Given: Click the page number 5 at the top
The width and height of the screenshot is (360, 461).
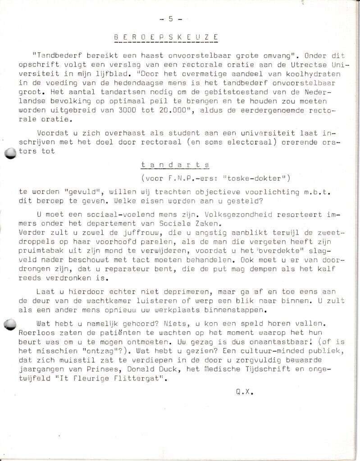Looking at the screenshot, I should (171, 19).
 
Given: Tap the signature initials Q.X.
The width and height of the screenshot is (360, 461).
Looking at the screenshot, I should (244, 392).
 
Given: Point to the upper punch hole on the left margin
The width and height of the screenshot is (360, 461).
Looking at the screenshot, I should (10, 154).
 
